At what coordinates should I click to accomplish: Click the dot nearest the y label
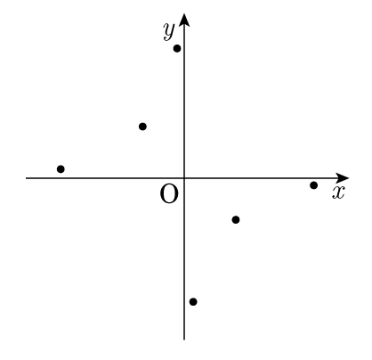pos(177,48)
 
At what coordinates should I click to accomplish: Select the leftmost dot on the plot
pos(61,169)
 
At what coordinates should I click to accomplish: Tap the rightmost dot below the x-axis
pos(313,185)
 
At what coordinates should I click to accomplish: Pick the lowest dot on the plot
pos(193,302)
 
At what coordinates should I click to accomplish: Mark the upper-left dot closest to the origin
pos(142,127)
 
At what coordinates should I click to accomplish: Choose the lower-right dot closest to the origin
pos(236,220)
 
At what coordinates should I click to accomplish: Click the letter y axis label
pos(169,31)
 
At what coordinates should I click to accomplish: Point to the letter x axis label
pos(338,192)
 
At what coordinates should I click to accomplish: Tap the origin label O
pos(169,194)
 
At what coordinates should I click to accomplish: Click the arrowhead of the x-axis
pos(343,178)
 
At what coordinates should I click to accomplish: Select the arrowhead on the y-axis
pos(184,20)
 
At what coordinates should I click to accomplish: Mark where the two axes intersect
pos(184,178)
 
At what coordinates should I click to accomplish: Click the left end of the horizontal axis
pos(26,178)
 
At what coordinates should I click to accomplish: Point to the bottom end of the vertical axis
pos(184,340)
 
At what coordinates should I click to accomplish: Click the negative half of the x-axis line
pos(105,178)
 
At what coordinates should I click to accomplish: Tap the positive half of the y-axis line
pos(184,100)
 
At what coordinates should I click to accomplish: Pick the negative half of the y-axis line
pos(184,259)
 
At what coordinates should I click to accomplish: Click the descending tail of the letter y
pos(166,37)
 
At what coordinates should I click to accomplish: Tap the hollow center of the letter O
pos(169,194)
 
